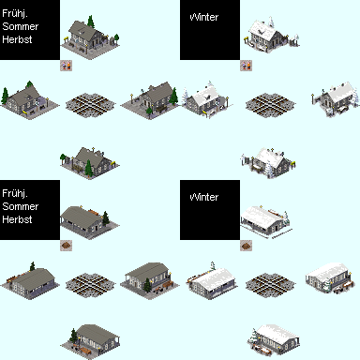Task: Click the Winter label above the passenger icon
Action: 204,17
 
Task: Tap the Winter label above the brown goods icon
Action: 204,197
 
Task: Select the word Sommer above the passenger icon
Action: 21,26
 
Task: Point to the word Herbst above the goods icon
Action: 17,219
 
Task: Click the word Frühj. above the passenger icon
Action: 15,13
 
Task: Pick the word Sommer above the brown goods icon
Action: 21,206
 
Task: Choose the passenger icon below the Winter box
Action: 246,66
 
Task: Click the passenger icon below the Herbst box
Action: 66,66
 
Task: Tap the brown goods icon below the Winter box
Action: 246,246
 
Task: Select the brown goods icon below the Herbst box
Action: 66,246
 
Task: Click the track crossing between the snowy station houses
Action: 270,105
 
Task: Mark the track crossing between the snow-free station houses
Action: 90,105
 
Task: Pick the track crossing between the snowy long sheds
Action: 270,285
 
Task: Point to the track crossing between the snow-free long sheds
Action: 90,285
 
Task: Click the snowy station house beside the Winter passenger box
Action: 271,35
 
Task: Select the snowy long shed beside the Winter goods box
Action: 266,221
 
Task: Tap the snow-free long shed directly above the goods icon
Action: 89,222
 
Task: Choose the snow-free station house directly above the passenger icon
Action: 90,37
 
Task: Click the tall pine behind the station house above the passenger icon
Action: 91,22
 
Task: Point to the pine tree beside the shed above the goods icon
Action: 106,217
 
